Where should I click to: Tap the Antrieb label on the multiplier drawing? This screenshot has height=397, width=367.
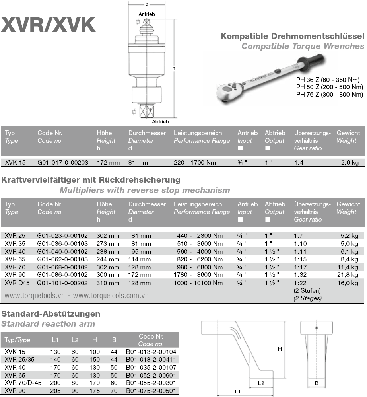(146, 14)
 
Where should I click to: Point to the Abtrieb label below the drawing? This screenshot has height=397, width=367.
(160, 121)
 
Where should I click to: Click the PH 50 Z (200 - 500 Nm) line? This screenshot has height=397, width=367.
(330, 87)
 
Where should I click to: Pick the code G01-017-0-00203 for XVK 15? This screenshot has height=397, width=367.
(63, 162)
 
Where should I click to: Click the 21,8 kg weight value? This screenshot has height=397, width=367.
(350, 274)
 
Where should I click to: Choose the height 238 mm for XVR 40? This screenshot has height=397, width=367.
(108, 251)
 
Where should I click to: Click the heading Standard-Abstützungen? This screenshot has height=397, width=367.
(51, 314)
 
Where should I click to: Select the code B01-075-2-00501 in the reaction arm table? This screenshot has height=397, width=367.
(151, 390)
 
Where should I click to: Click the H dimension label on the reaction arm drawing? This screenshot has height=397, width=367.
(280, 349)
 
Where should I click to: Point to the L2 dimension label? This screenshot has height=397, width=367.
(261, 383)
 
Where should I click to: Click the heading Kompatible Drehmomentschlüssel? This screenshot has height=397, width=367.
(292, 37)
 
